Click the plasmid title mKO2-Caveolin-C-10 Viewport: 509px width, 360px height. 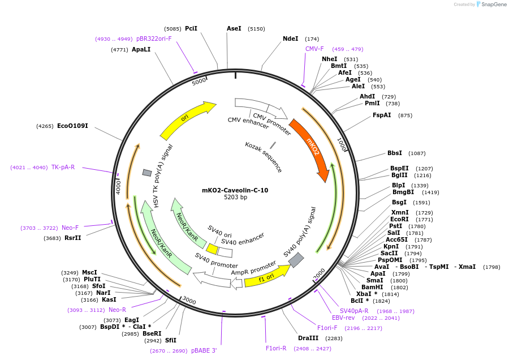coord(235,190)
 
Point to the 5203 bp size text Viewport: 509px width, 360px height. coord(235,198)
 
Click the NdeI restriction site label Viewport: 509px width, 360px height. coord(290,39)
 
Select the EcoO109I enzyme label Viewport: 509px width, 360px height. coord(72,126)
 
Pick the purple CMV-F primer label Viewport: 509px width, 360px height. coord(314,49)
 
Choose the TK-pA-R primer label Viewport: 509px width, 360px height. coord(63,167)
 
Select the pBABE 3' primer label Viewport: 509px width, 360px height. coord(204,351)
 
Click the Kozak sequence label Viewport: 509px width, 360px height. coord(264,157)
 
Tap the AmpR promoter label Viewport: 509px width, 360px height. coord(253,268)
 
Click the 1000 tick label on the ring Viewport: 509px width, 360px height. coord(342,144)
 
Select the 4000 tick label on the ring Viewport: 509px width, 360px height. coord(119,187)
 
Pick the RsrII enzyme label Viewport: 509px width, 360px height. coord(72,238)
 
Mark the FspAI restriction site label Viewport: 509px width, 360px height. coord(382,115)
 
